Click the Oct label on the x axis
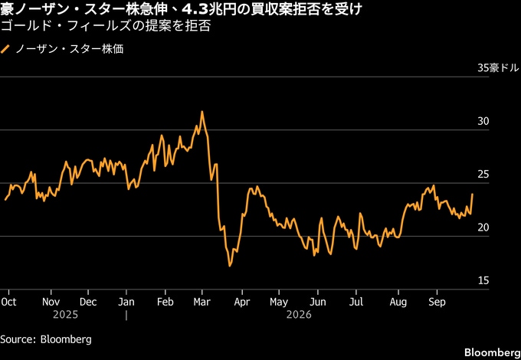coord(8,302)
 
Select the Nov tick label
coord(51,302)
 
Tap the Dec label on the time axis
coord(88,302)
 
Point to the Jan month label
coord(126,302)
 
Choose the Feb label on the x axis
coord(165,302)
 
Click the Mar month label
coord(202,302)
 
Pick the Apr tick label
coord(242,302)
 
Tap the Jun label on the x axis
coord(318,302)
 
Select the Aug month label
coord(398,303)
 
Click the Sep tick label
coord(437,303)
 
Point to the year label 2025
coord(65,315)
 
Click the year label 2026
coord(299,315)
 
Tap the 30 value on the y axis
coord(483,121)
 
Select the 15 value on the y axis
coord(483,280)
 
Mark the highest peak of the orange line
coord(202,112)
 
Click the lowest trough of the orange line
coord(230,266)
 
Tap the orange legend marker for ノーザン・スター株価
coord(5,49)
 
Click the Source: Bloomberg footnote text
coord(46,339)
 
